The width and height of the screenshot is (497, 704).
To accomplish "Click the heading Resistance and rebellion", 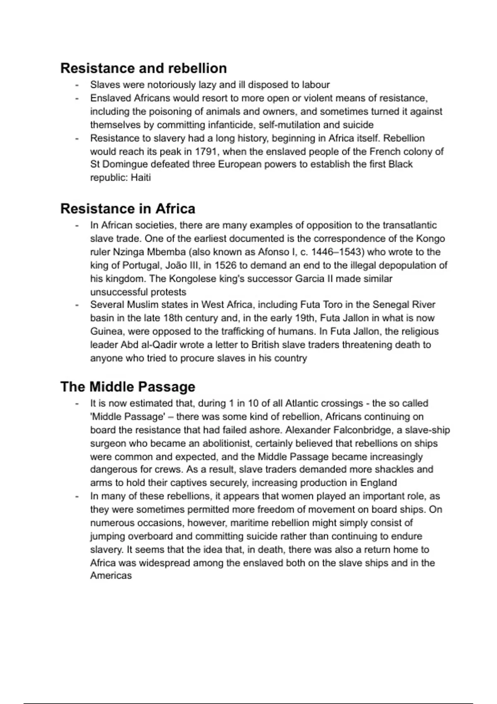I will click(x=143, y=68).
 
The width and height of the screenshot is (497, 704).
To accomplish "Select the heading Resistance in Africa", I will click(x=128, y=208).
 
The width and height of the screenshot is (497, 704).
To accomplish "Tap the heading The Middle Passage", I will click(x=128, y=386).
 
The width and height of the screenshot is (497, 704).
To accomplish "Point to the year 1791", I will click(x=206, y=151).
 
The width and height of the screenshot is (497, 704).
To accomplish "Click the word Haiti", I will click(x=140, y=178).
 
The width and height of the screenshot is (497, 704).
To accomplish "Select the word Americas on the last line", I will click(x=111, y=576).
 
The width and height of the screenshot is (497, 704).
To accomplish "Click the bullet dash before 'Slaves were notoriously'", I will click(x=77, y=85).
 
